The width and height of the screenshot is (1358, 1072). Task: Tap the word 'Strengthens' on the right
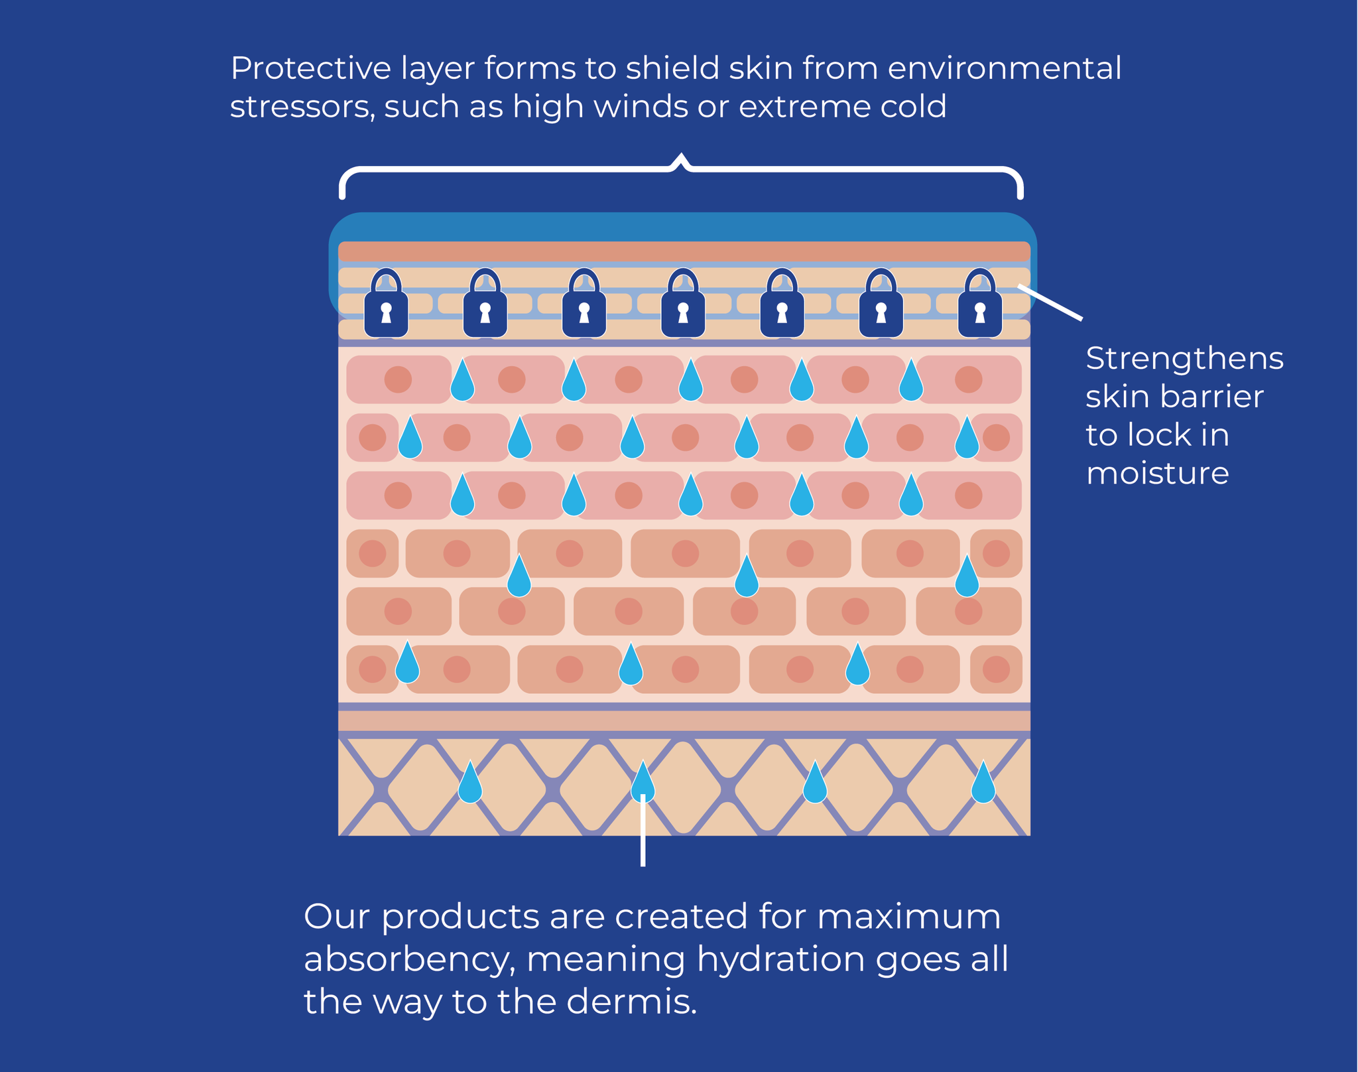(x=1184, y=360)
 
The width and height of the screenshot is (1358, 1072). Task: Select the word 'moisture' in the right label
(x=1157, y=474)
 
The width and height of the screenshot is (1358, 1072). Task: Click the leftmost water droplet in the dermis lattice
(x=470, y=783)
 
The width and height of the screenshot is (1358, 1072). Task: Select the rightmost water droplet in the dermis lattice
(x=983, y=783)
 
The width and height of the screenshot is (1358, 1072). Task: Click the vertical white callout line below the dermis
(x=643, y=833)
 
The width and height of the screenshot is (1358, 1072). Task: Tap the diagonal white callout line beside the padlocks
(x=1050, y=302)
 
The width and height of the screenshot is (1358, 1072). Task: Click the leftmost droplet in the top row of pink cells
(x=462, y=381)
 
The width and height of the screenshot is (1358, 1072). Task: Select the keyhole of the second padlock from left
(x=485, y=312)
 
